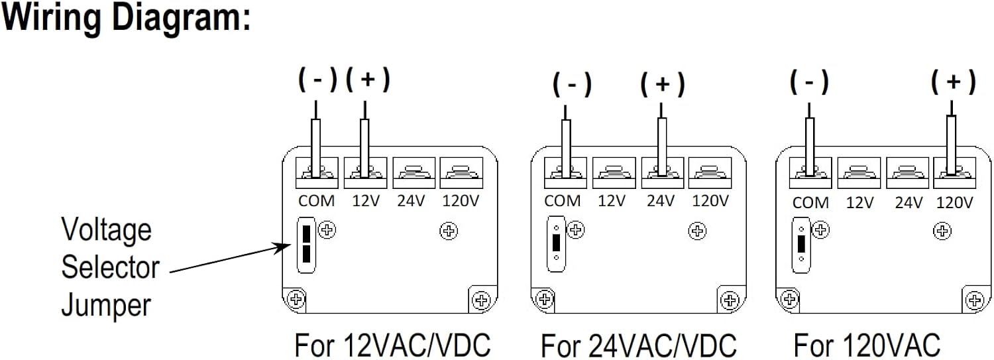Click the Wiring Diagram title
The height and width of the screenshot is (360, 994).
point(126,18)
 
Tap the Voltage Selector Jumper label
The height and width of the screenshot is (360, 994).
point(110,267)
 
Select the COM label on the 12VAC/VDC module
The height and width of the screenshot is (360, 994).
point(316,201)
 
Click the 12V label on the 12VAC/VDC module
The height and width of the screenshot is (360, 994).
point(366,201)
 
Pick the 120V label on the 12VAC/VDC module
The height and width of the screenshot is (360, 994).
point(461,201)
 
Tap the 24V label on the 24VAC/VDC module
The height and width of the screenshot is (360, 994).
point(660,201)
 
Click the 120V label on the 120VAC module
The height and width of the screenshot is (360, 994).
point(954,202)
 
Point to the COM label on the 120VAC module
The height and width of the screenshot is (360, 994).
point(810,202)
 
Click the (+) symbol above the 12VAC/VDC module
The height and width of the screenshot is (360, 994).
point(367,80)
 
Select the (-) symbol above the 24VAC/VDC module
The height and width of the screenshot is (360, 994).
point(572,84)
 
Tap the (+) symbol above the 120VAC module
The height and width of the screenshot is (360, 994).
point(953,82)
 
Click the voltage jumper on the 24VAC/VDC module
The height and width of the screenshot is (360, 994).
point(556,244)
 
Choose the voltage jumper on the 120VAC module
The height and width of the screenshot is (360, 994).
point(801,245)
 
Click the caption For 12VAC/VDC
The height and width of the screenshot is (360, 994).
point(393,345)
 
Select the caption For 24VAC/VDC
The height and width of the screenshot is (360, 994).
point(639,345)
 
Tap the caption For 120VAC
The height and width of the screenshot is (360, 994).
point(867,345)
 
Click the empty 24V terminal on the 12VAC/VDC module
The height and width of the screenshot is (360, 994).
point(414,172)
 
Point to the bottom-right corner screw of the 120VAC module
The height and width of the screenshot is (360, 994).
point(975,300)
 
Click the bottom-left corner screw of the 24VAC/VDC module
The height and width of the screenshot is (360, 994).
point(545,299)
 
